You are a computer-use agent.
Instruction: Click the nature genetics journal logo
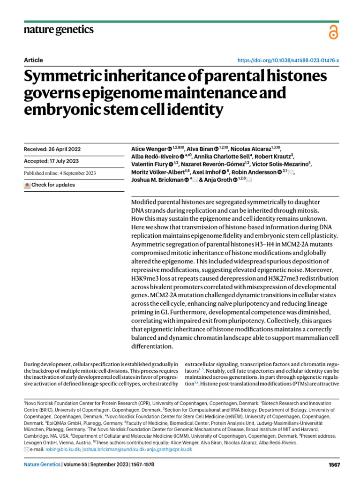(x=59, y=30)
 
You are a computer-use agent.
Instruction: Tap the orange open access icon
(x=334, y=32)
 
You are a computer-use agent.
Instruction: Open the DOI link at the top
(x=289, y=60)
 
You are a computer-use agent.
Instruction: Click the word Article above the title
(x=33, y=60)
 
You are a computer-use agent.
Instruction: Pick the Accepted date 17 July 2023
(x=50, y=161)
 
